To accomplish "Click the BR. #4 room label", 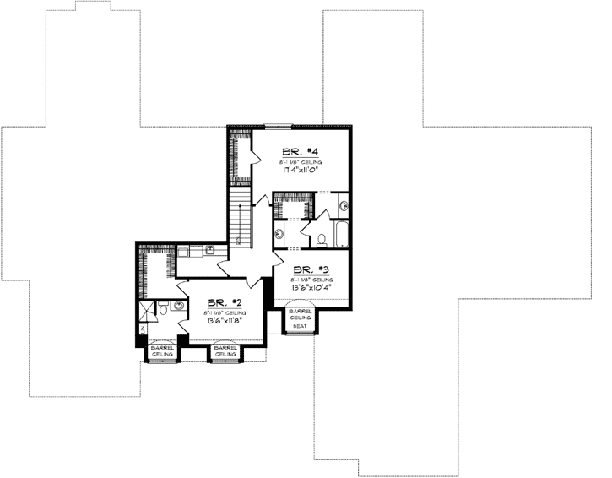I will pyautogui.click(x=300, y=152).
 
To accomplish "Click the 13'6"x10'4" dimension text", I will pyautogui.click(x=311, y=286).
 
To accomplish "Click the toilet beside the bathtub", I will pyautogui.click(x=322, y=239).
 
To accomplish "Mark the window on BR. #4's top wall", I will pyautogui.click(x=276, y=127).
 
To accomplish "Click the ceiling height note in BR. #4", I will pyautogui.click(x=302, y=160).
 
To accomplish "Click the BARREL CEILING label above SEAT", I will pyautogui.click(x=300, y=313).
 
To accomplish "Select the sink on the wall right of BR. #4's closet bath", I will pyautogui.click(x=344, y=205).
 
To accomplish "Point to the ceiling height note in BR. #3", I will pyautogui.click(x=311, y=278).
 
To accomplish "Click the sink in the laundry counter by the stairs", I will pyautogui.click(x=208, y=249).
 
